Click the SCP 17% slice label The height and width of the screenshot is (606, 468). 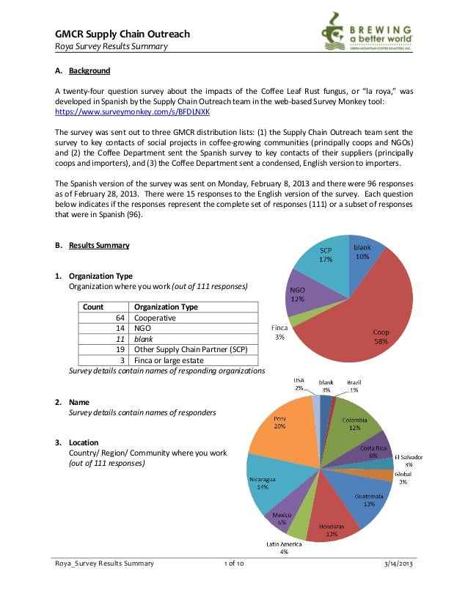326,255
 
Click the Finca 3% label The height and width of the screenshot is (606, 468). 279,332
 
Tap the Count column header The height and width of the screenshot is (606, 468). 93,307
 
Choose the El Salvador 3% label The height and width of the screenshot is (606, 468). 409,460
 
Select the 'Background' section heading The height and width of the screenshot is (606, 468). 89,71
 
